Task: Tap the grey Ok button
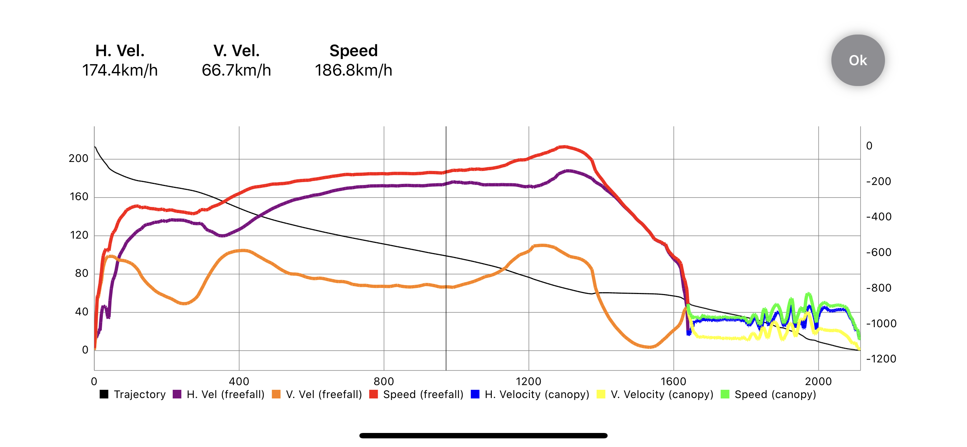[857, 60]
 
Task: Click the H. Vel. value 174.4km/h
[120, 70]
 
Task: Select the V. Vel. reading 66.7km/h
[236, 70]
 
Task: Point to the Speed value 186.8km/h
[353, 70]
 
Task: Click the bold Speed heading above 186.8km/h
[353, 51]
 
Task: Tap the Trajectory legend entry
[133, 394]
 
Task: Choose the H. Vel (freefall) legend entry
[219, 394]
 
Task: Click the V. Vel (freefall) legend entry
[317, 394]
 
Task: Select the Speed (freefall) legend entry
[416, 394]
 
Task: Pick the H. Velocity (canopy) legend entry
[530, 394]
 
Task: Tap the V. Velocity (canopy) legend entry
[655, 394]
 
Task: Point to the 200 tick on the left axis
[78, 158]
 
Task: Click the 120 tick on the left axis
[79, 235]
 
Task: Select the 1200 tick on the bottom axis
[528, 381]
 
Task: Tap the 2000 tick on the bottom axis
[818, 381]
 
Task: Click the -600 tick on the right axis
[879, 252]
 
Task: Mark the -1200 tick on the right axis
[881, 359]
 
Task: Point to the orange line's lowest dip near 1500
[649, 347]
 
